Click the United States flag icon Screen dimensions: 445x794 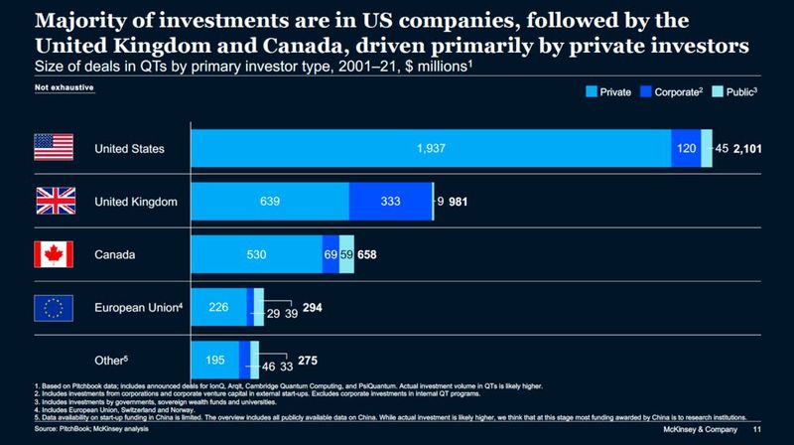[55, 148]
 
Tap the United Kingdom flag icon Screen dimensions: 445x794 [55, 201]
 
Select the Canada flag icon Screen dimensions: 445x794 [55, 254]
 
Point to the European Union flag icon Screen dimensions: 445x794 [55, 307]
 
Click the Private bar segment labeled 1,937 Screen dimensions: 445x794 [430, 148]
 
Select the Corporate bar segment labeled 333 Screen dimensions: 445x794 [390, 201]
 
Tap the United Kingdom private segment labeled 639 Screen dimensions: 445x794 [269, 201]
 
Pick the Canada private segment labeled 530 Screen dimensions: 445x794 [255, 254]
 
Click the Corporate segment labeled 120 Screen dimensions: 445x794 [686, 148]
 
